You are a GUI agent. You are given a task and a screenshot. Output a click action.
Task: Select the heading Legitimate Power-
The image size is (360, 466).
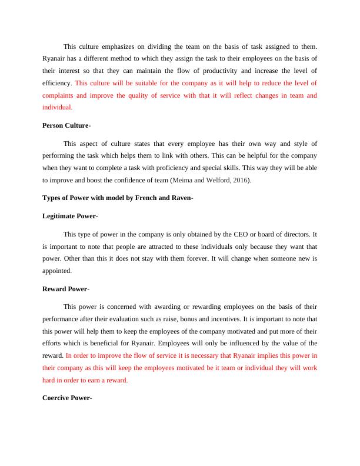tap(71, 217)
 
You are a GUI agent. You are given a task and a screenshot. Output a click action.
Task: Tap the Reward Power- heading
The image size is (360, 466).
tap(66, 289)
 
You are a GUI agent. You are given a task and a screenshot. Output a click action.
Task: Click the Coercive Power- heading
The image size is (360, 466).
tap(68, 398)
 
